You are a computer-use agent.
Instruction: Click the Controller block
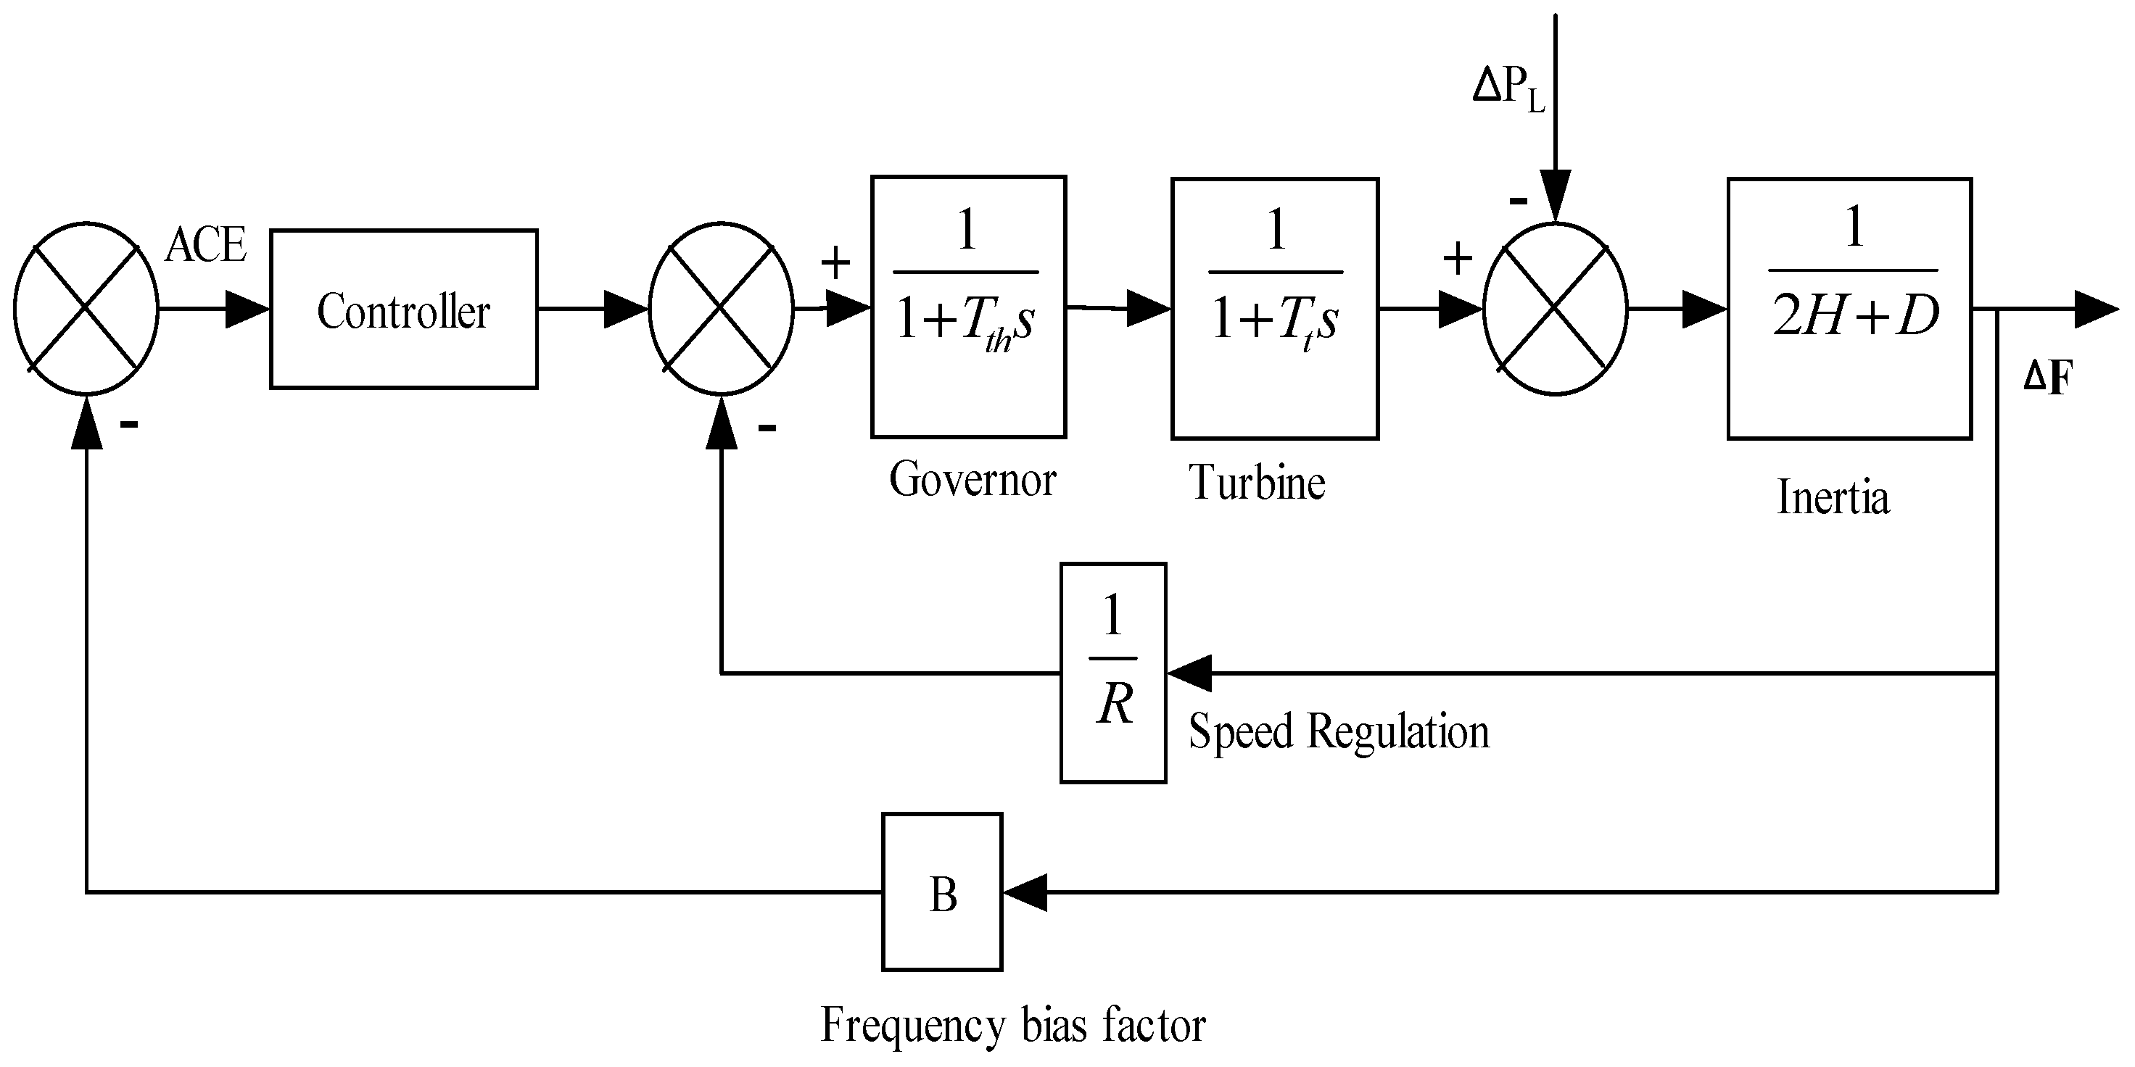coord(404,309)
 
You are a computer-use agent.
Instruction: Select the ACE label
coord(205,245)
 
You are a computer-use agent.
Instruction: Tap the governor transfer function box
coord(968,307)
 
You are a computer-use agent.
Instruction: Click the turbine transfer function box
coord(1275,308)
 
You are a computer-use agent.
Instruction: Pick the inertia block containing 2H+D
coord(1849,308)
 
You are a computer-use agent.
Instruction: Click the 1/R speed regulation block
coord(1113,673)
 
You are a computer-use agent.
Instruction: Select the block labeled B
coord(942,892)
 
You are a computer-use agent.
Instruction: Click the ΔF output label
coord(2047,378)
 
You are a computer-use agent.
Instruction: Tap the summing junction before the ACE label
coord(86,308)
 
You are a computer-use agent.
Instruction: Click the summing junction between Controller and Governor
coord(721,308)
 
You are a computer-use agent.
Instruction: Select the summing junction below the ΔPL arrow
coord(1555,308)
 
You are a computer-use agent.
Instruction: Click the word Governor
coord(972,480)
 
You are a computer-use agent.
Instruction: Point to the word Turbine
coord(1257,482)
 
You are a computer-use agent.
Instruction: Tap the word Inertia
coord(1833,498)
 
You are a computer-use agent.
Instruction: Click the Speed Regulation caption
coord(1339,731)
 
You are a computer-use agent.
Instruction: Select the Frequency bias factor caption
coord(1013,1026)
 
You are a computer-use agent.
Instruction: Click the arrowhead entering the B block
coord(1025,892)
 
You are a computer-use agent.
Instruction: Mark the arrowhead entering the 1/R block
coord(1189,673)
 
